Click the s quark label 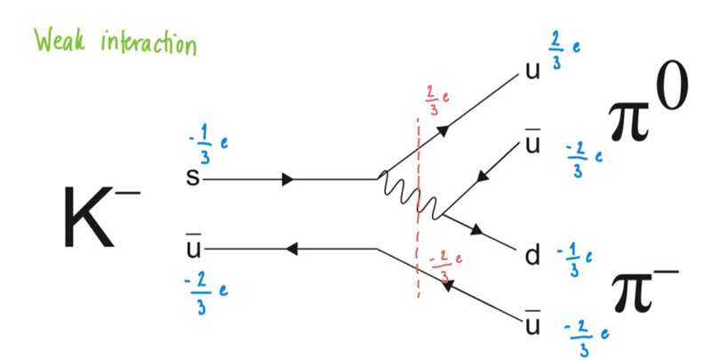pyautogui.click(x=191, y=179)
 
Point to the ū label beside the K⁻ pyautogui.click(x=191, y=246)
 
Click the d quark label pyautogui.click(x=532, y=258)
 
